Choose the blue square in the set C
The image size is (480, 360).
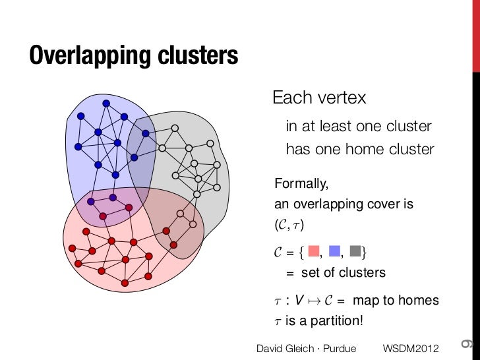pyautogui.click(x=334, y=251)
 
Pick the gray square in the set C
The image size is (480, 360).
pyautogui.click(x=356, y=251)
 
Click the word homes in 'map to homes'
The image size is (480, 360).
pyautogui.click(x=422, y=301)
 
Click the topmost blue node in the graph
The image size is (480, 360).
pyautogui.click(x=105, y=104)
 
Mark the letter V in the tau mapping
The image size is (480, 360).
pyautogui.click(x=299, y=301)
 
